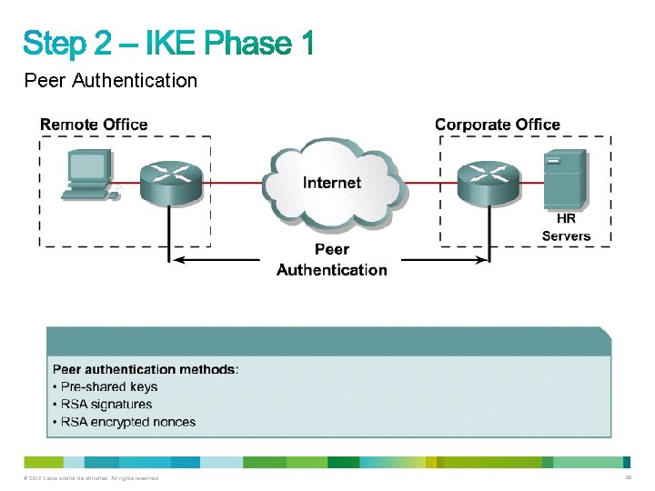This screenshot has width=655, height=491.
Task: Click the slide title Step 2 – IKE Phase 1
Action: [168, 42]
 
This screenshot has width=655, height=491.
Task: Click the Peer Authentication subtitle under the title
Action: [111, 81]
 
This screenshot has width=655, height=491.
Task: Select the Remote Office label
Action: [94, 125]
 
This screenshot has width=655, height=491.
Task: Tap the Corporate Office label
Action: [498, 125]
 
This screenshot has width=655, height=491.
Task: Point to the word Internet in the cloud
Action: [332, 183]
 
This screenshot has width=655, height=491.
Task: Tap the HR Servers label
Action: [566, 227]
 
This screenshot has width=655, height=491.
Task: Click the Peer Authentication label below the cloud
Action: [332, 259]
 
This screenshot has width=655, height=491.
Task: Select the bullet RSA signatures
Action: [106, 404]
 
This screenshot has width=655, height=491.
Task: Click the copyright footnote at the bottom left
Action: [92, 478]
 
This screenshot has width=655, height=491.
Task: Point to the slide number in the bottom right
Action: [628, 477]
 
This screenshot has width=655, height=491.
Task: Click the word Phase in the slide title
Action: [247, 42]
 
